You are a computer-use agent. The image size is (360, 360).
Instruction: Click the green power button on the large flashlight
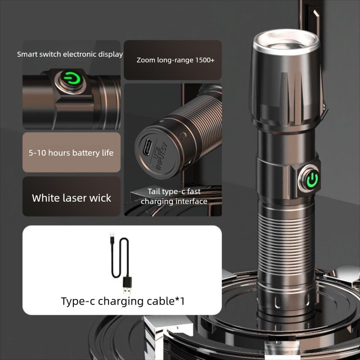coord(311,180)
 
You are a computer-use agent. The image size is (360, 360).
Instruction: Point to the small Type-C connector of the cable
coord(111,237)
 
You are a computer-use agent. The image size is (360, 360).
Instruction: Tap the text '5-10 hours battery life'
coord(71,153)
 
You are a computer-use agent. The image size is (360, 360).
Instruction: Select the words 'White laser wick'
coord(72,198)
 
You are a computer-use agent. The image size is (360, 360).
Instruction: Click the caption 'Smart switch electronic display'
coord(70,54)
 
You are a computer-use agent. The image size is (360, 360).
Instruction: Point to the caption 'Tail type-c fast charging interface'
coord(174,197)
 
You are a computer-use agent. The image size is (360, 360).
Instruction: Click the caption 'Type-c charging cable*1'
coord(122,301)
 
